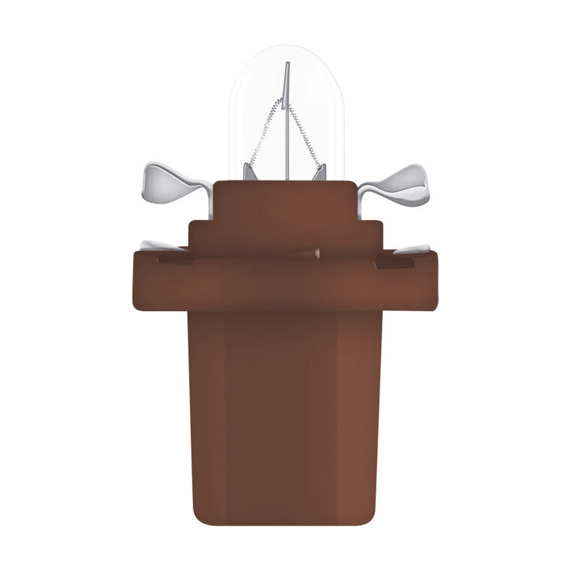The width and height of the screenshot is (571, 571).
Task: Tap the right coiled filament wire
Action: pos(309,135)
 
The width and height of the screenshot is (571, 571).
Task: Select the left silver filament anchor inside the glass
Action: pos(251,171)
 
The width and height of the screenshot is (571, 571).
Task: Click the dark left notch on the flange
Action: pos(174,260)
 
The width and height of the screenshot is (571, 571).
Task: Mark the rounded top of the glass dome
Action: pos(286,51)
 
